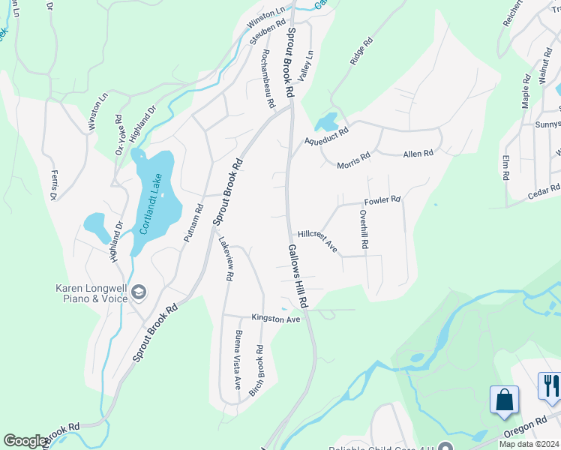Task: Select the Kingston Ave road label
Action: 275,319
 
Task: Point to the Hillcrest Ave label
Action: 317,240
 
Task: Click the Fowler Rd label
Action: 382,201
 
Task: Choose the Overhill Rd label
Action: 363,229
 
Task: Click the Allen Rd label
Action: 418,154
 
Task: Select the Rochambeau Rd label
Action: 266,79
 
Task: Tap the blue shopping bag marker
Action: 505,399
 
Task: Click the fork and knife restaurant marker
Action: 550,385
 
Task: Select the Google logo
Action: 25,442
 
